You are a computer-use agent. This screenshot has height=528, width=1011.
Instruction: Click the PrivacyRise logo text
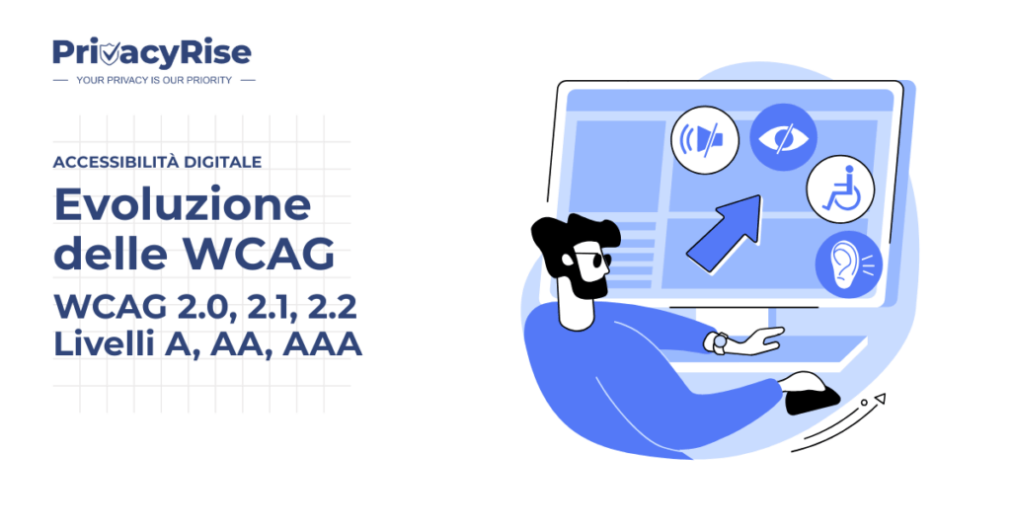(x=152, y=52)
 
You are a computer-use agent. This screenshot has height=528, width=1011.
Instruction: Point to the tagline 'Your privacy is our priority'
(x=154, y=80)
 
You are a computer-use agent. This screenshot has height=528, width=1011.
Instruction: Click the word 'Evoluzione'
(x=182, y=205)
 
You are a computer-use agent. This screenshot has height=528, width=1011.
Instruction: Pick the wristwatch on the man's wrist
(x=718, y=342)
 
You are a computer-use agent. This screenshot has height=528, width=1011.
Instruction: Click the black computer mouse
(x=812, y=395)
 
